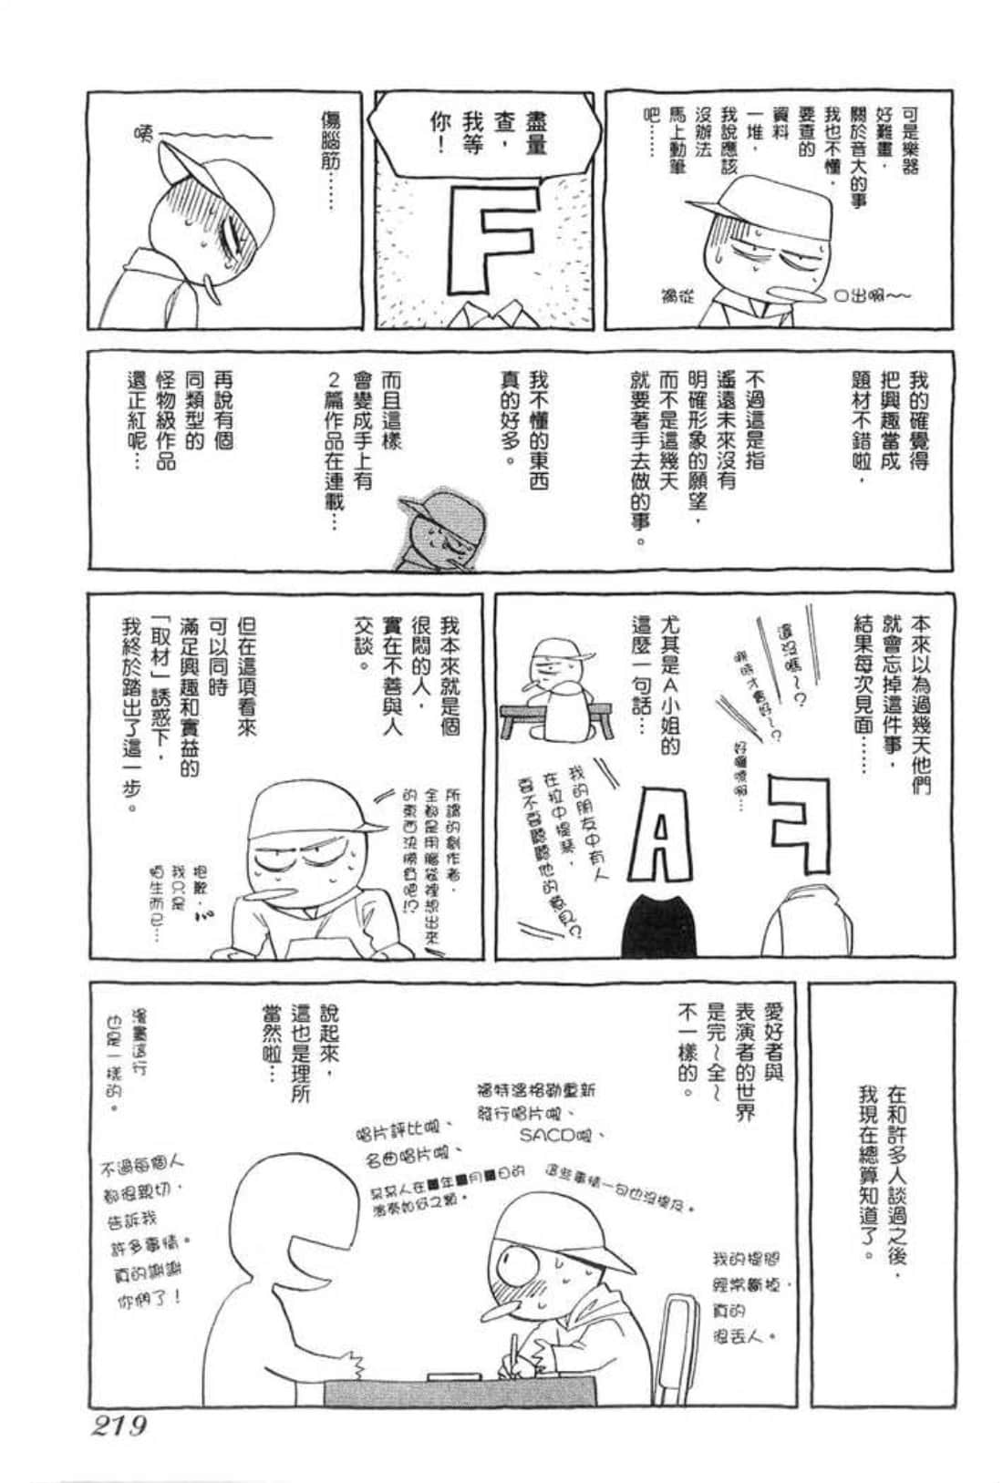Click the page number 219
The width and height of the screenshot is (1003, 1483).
[118, 1425]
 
